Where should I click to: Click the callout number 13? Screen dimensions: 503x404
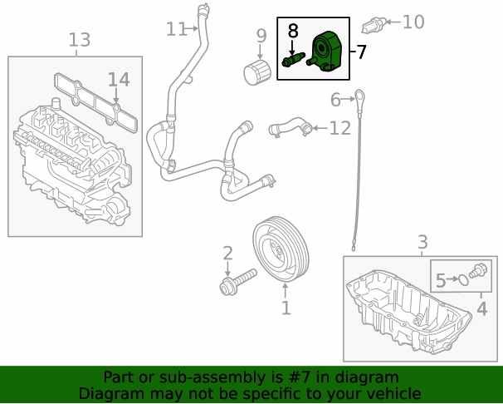(x=80, y=40)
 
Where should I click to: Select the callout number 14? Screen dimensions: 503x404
(x=119, y=80)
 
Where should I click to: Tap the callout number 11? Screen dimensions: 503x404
(x=177, y=29)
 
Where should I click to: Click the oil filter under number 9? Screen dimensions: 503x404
(x=257, y=72)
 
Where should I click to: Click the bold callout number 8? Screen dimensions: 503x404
(x=293, y=31)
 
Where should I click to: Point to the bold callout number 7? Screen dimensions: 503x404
(x=361, y=52)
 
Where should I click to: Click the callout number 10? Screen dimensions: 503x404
(x=413, y=22)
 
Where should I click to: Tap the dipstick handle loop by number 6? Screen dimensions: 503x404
(x=359, y=96)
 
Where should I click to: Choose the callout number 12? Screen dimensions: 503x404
(x=340, y=128)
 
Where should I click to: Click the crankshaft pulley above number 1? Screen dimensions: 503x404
(x=281, y=249)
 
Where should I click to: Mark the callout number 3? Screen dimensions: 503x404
(x=422, y=242)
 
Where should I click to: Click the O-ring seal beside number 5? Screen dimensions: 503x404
(x=462, y=279)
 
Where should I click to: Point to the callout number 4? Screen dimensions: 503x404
(x=481, y=308)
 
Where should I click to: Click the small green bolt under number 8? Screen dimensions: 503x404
(x=292, y=60)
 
